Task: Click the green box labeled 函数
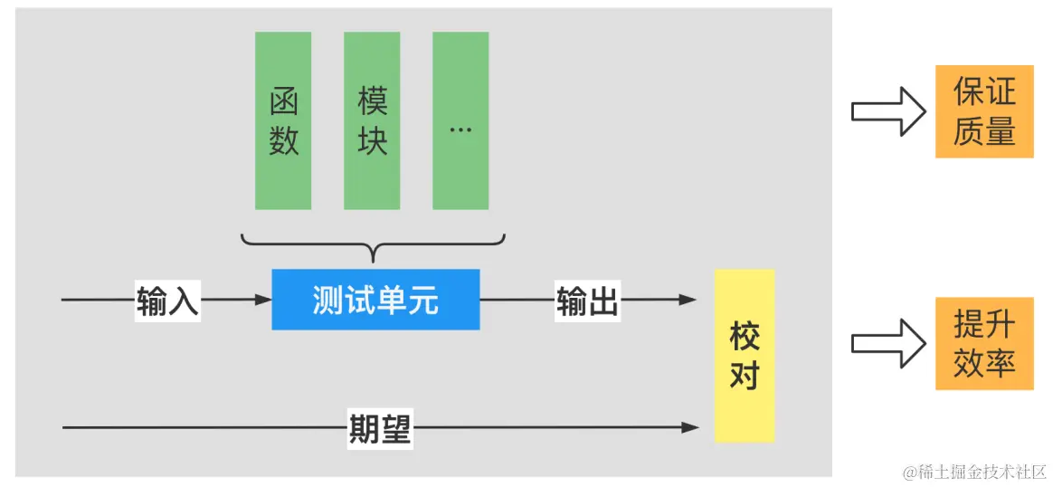282,120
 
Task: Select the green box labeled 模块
371,120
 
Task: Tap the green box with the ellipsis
460,120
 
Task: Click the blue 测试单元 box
375,300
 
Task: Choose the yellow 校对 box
745,356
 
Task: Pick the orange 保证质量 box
984,111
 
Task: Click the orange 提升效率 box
984,343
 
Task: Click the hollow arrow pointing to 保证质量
887,111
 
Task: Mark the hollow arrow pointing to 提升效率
887,344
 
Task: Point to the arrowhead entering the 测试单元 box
263,300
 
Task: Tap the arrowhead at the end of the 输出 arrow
688,300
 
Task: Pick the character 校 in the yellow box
745,338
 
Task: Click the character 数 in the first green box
283,140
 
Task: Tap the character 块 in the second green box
372,140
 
